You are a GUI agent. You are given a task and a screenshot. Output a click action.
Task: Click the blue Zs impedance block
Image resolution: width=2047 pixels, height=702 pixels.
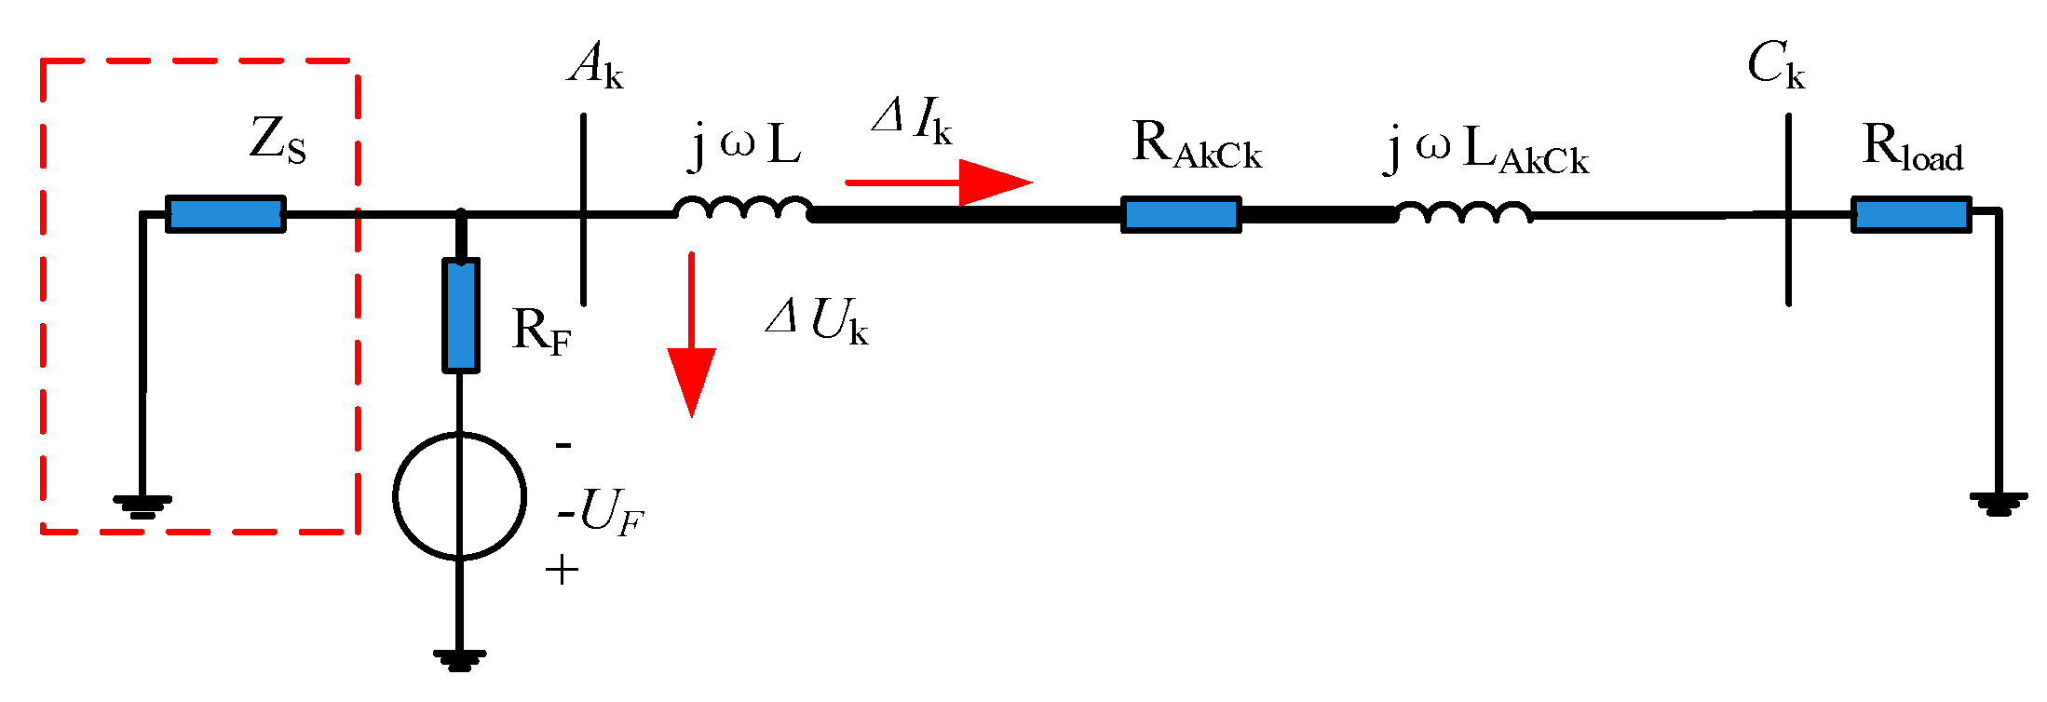[x=225, y=214]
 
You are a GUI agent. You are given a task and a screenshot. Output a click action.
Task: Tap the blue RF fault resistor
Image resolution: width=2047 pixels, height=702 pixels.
[x=461, y=316]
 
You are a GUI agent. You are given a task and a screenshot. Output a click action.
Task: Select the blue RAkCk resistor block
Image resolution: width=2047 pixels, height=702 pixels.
[x=1181, y=215]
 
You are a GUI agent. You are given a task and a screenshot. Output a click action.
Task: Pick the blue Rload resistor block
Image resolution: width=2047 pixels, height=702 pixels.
[x=1911, y=215]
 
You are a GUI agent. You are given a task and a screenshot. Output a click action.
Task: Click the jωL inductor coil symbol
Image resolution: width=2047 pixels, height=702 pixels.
[x=743, y=209]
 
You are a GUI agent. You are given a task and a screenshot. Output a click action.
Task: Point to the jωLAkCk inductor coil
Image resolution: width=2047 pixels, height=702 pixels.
[x=1463, y=212]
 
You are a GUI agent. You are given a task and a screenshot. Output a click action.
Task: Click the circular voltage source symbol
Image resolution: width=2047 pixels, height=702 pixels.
[x=459, y=496]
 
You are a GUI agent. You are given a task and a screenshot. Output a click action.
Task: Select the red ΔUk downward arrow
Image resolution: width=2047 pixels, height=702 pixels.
[x=691, y=335]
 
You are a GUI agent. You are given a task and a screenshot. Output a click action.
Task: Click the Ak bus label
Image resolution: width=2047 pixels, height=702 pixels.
[x=595, y=66]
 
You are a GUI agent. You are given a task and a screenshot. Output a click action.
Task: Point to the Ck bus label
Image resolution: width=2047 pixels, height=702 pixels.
[x=1775, y=66]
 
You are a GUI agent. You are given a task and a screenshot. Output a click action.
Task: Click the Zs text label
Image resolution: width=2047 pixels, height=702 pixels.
[x=278, y=141]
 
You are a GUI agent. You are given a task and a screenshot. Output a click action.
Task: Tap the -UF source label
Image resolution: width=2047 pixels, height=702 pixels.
[x=601, y=513]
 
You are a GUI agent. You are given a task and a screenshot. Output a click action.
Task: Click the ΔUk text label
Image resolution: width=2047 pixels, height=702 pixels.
[x=817, y=321]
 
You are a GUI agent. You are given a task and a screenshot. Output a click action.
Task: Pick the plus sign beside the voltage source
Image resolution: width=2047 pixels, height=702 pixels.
[x=562, y=569]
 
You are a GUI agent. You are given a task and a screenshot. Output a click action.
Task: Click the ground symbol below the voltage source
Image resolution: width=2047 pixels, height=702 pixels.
[x=459, y=660]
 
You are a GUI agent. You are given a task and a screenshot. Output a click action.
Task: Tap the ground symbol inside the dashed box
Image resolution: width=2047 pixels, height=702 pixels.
[x=142, y=506]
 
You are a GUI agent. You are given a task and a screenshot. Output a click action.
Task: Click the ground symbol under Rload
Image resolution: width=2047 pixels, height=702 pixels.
[x=1999, y=504]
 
